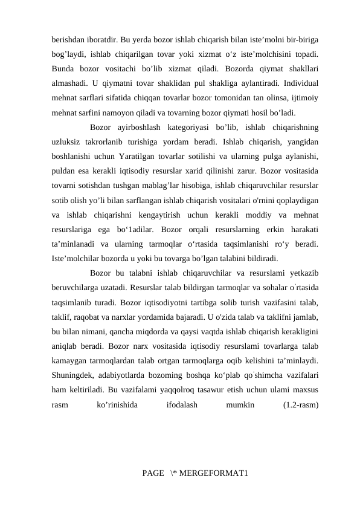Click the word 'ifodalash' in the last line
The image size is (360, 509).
tap(182, 406)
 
